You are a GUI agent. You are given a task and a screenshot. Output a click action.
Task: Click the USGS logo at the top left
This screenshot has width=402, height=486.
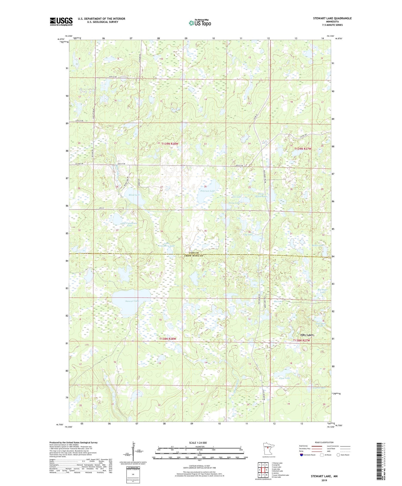[x=61, y=21]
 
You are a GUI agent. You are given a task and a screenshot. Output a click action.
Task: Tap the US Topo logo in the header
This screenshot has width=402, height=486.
[x=200, y=23]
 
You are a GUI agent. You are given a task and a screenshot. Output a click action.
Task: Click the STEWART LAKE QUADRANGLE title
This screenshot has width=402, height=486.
[x=332, y=18]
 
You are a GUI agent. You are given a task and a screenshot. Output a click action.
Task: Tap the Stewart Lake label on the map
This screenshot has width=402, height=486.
[x=132, y=301]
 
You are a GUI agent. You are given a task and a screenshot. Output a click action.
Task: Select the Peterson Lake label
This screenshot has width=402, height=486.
[x=207, y=191]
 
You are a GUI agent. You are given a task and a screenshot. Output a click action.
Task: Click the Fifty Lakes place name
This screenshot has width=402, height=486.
[x=307, y=335]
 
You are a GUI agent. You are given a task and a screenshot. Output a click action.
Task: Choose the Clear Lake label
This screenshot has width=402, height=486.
[x=284, y=378]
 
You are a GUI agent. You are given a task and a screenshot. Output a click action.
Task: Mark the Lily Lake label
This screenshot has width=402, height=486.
[x=248, y=235]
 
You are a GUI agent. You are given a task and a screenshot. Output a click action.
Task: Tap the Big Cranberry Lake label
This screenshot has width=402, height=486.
[x=129, y=224]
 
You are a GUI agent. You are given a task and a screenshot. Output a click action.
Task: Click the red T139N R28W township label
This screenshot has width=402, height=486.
[x=169, y=144]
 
